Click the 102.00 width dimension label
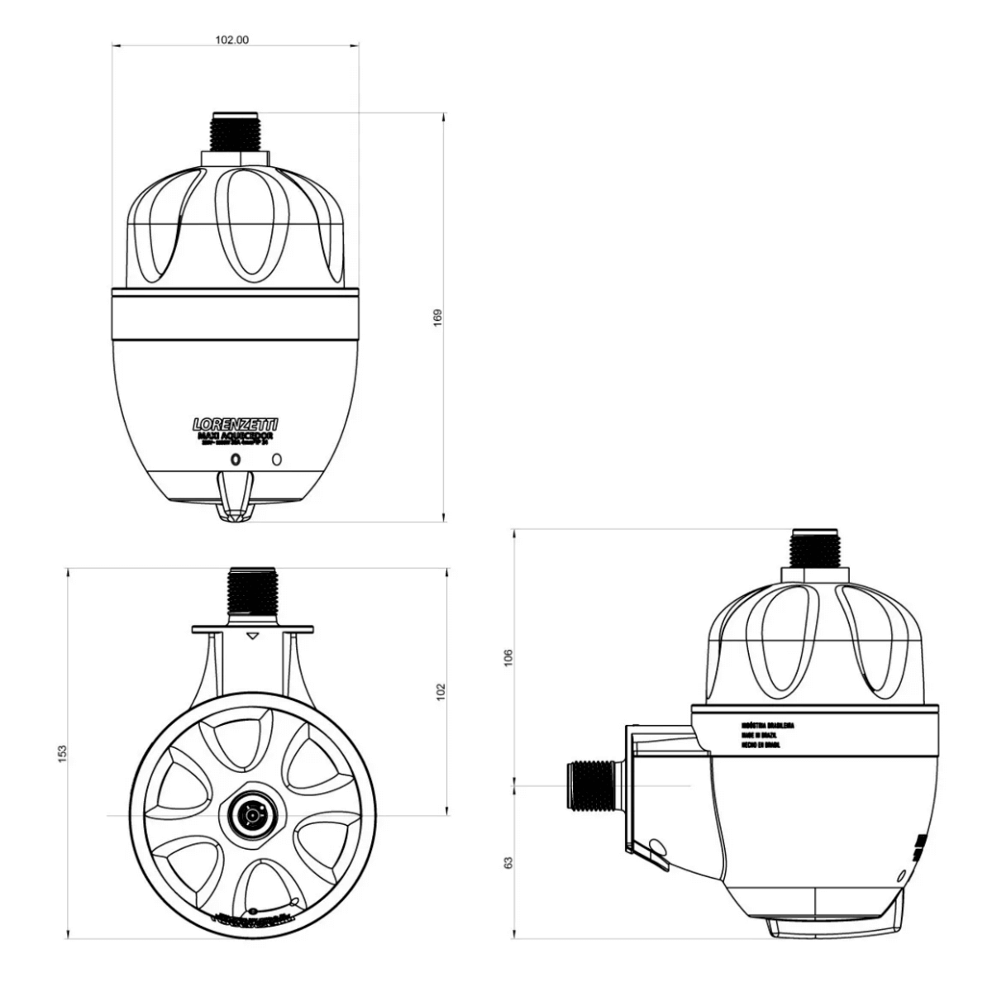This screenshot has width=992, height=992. [x=231, y=39]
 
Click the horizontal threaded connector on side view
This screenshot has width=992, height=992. [x=591, y=785]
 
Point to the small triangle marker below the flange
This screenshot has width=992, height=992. [x=253, y=636]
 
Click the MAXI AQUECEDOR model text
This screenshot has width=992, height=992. [x=236, y=435]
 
